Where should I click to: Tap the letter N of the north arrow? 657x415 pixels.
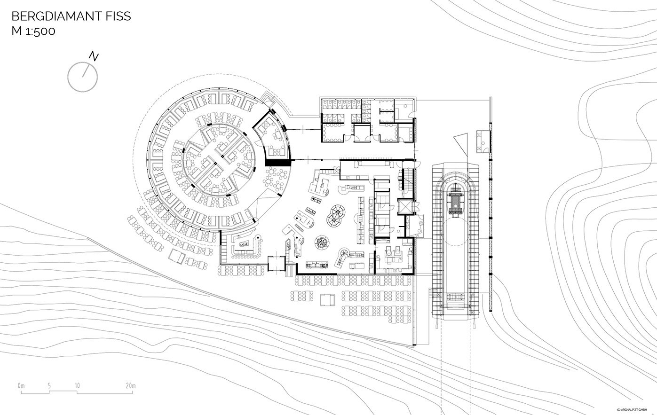[94, 56]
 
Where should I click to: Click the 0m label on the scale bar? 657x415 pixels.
[21, 386]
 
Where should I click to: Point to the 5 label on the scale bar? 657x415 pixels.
[49, 386]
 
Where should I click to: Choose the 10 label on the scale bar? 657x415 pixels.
[77, 386]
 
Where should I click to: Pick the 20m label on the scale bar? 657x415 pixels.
[131, 386]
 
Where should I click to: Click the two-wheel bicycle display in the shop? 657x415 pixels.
[336, 215]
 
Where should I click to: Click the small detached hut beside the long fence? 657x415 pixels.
[483, 142]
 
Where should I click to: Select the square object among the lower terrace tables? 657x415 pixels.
[327, 300]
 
